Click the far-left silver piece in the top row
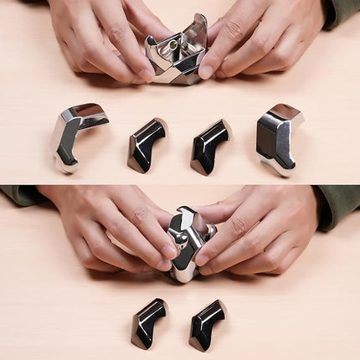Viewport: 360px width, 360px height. tap(77, 134)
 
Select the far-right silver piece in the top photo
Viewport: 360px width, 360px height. tap(277, 138)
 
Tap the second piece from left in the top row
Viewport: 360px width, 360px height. tap(147, 144)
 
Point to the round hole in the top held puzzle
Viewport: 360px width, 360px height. tap(173, 44)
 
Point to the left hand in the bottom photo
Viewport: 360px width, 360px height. tap(109, 226)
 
